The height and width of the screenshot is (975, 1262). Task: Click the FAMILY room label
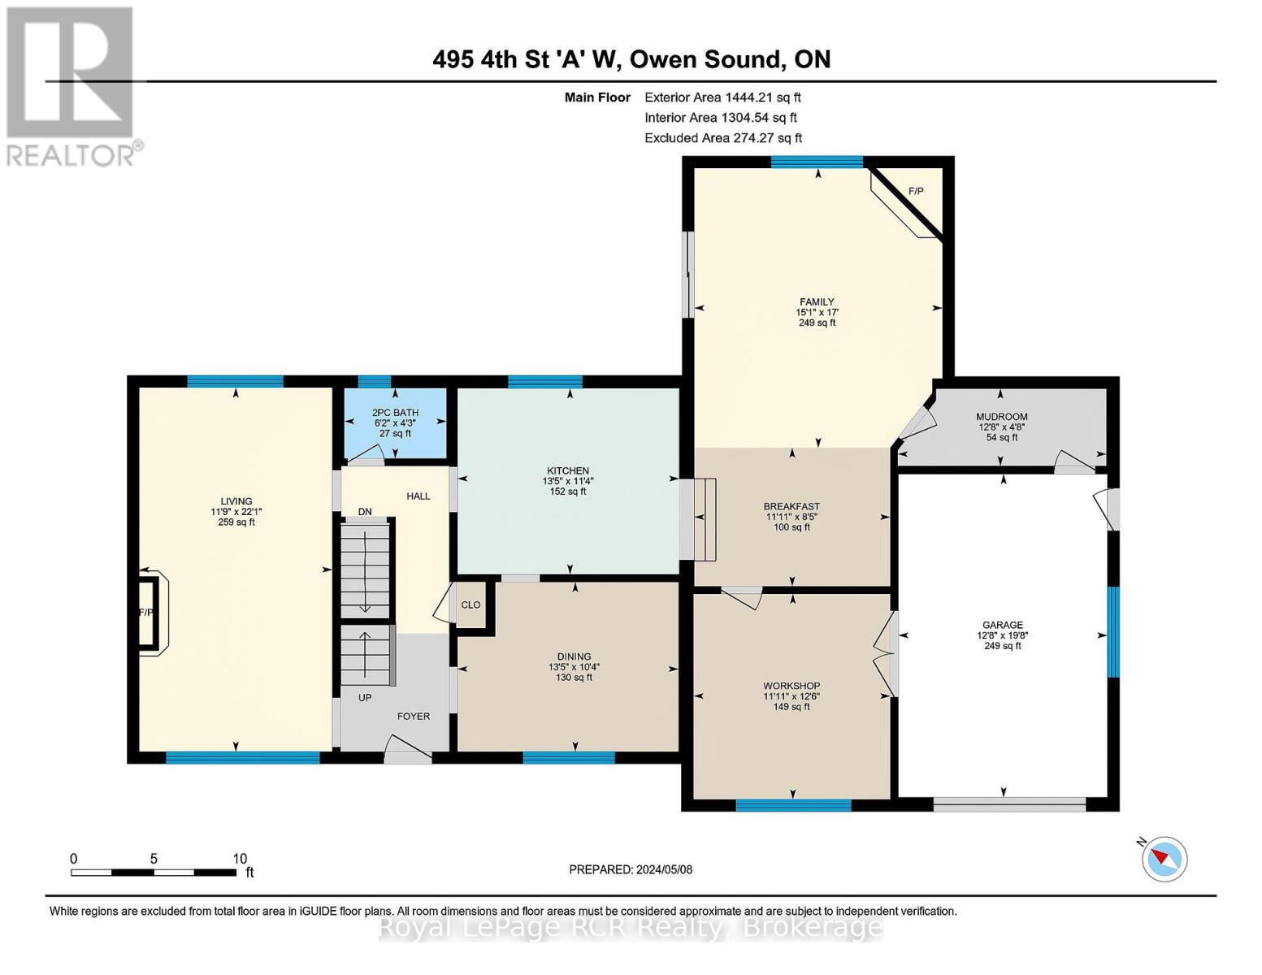coord(816,302)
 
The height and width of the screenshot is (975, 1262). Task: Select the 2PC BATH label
coord(395,413)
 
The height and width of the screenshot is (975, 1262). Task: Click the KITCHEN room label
coord(567,471)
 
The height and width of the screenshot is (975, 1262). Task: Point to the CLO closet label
coord(471,605)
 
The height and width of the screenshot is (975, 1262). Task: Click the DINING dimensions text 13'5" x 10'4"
coord(574,667)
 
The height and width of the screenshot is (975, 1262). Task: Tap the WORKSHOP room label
coord(791,686)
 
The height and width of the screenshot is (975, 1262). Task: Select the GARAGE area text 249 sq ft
coord(1002,646)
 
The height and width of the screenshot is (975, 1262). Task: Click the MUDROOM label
coord(1001,417)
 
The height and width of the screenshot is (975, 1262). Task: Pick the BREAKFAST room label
coord(791,507)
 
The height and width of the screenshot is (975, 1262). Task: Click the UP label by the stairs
coord(365,697)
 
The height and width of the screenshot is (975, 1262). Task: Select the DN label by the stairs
coord(365,512)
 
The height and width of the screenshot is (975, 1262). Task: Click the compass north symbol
coord(1164,858)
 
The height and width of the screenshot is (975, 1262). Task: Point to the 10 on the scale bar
coord(240,859)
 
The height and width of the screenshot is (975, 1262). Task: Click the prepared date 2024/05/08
coord(664,869)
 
